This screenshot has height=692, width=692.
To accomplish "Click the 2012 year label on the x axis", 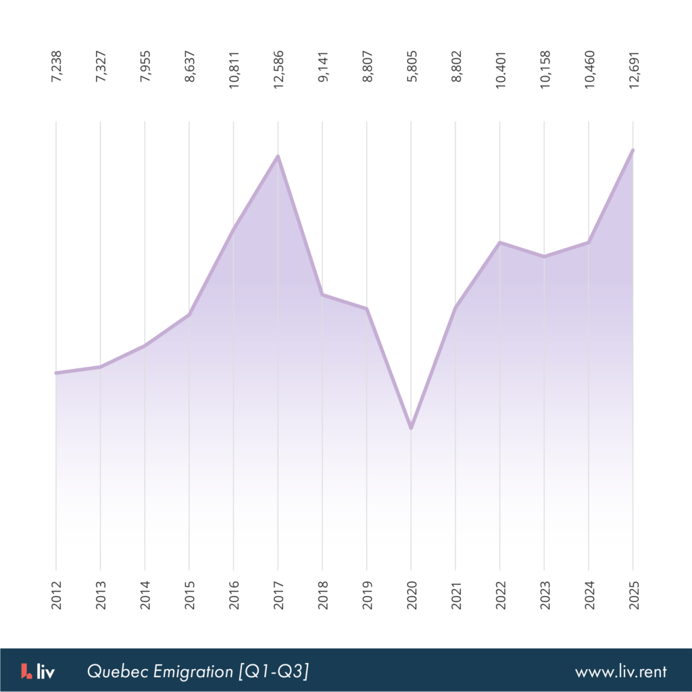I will point(56,595).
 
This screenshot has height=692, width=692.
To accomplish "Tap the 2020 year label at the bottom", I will point(412,595).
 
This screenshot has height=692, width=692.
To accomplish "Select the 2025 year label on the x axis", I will point(633,595).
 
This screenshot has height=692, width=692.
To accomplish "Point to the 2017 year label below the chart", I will point(278,595).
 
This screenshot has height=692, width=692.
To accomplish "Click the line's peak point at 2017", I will point(278,157).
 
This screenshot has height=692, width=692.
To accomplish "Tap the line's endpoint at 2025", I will point(633,150).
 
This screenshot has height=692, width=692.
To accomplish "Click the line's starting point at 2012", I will point(56,373).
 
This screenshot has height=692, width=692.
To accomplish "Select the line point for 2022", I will point(499,242).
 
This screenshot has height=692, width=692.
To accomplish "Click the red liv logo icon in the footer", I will point(26,671).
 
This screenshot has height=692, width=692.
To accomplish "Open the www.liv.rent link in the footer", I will point(620,672).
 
